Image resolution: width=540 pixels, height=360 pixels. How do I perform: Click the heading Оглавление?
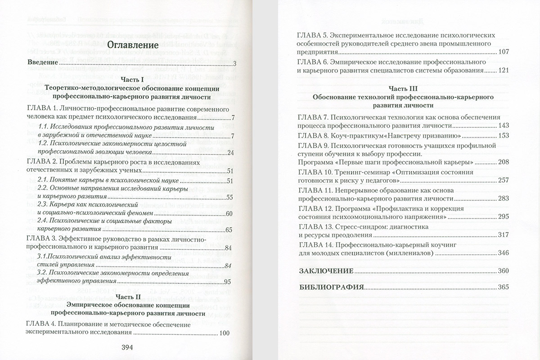133,45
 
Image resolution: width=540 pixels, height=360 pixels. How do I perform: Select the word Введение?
43,63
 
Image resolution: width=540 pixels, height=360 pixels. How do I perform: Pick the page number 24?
231,153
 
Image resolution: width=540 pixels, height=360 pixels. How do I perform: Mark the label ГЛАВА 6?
315,62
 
